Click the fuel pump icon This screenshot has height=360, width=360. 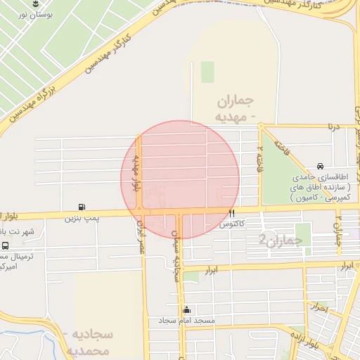pos(82,207)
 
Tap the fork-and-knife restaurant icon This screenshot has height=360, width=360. pos(231,213)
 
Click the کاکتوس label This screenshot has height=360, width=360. pos(231,224)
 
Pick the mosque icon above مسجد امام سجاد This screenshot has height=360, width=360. pos(186,309)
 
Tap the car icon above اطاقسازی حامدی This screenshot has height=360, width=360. pos(321,166)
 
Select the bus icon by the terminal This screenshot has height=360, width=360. pos(6,246)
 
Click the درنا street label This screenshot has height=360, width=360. pos(331,127)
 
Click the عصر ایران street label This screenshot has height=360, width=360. pos(141,236)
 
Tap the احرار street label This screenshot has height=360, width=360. pos(319,307)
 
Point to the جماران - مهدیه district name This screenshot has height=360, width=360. pos(232,108)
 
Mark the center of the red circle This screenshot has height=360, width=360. pos(181,179)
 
